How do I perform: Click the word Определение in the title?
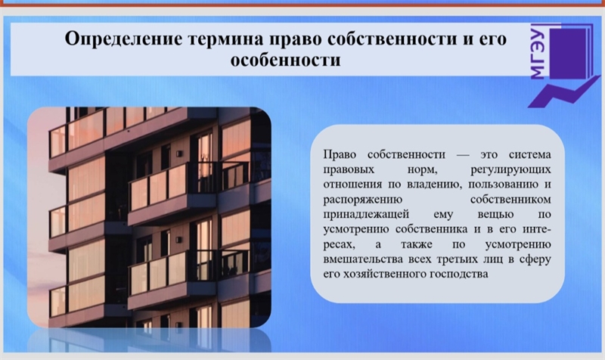(123, 40)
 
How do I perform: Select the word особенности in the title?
(286, 61)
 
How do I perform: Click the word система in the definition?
(530, 155)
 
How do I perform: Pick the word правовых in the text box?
(349, 170)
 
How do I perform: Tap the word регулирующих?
(510, 170)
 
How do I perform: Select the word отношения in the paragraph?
(352, 185)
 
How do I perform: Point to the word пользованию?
(501, 185)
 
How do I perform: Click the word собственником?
(510, 200)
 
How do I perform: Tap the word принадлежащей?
(366, 215)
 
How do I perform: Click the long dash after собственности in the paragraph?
(463, 155)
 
